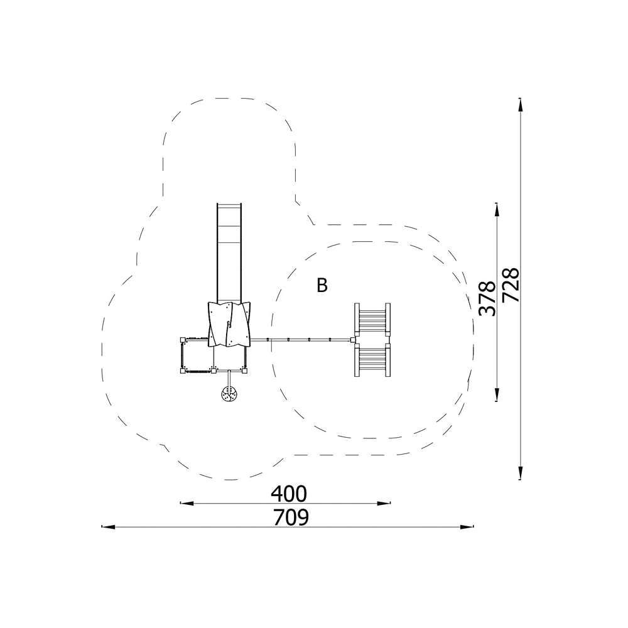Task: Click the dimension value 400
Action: [x=288, y=494]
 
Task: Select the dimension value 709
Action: [x=291, y=517]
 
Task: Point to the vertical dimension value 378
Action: [x=488, y=298]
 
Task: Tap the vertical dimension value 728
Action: [x=511, y=284]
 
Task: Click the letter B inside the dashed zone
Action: [x=322, y=286]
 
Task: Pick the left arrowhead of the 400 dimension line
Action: [x=187, y=503]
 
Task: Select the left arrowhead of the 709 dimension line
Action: [x=108, y=527]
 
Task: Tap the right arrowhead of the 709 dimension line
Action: [x=467, y=527]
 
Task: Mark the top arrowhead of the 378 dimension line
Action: [x=497, y=210]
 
